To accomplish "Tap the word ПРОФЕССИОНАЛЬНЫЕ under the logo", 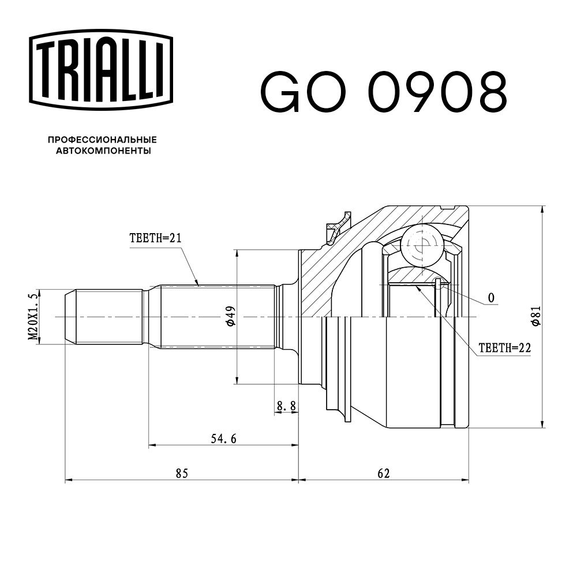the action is point(102,140).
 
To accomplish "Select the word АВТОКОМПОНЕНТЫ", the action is point(103,151).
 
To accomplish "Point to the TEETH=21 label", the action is point(156,238).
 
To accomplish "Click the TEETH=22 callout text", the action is point(505,348).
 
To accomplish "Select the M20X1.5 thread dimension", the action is point(33,317).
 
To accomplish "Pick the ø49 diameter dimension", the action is point(231,316).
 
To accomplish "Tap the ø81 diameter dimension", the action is point(536,316).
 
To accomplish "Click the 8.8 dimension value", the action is point(286,406).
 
